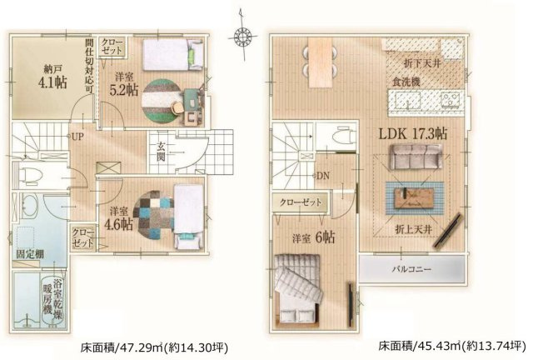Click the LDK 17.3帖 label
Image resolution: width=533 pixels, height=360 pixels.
(x=413, y=133)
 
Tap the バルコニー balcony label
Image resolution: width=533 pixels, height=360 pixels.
(x=411, y=270)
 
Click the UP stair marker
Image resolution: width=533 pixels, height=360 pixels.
(x=77, y=136)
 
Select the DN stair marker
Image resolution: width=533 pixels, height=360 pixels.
(x=323, y=176)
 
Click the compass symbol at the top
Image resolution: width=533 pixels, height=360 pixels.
(x=243, y=36)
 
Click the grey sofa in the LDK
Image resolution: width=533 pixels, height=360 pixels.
(x=413, y=158)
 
